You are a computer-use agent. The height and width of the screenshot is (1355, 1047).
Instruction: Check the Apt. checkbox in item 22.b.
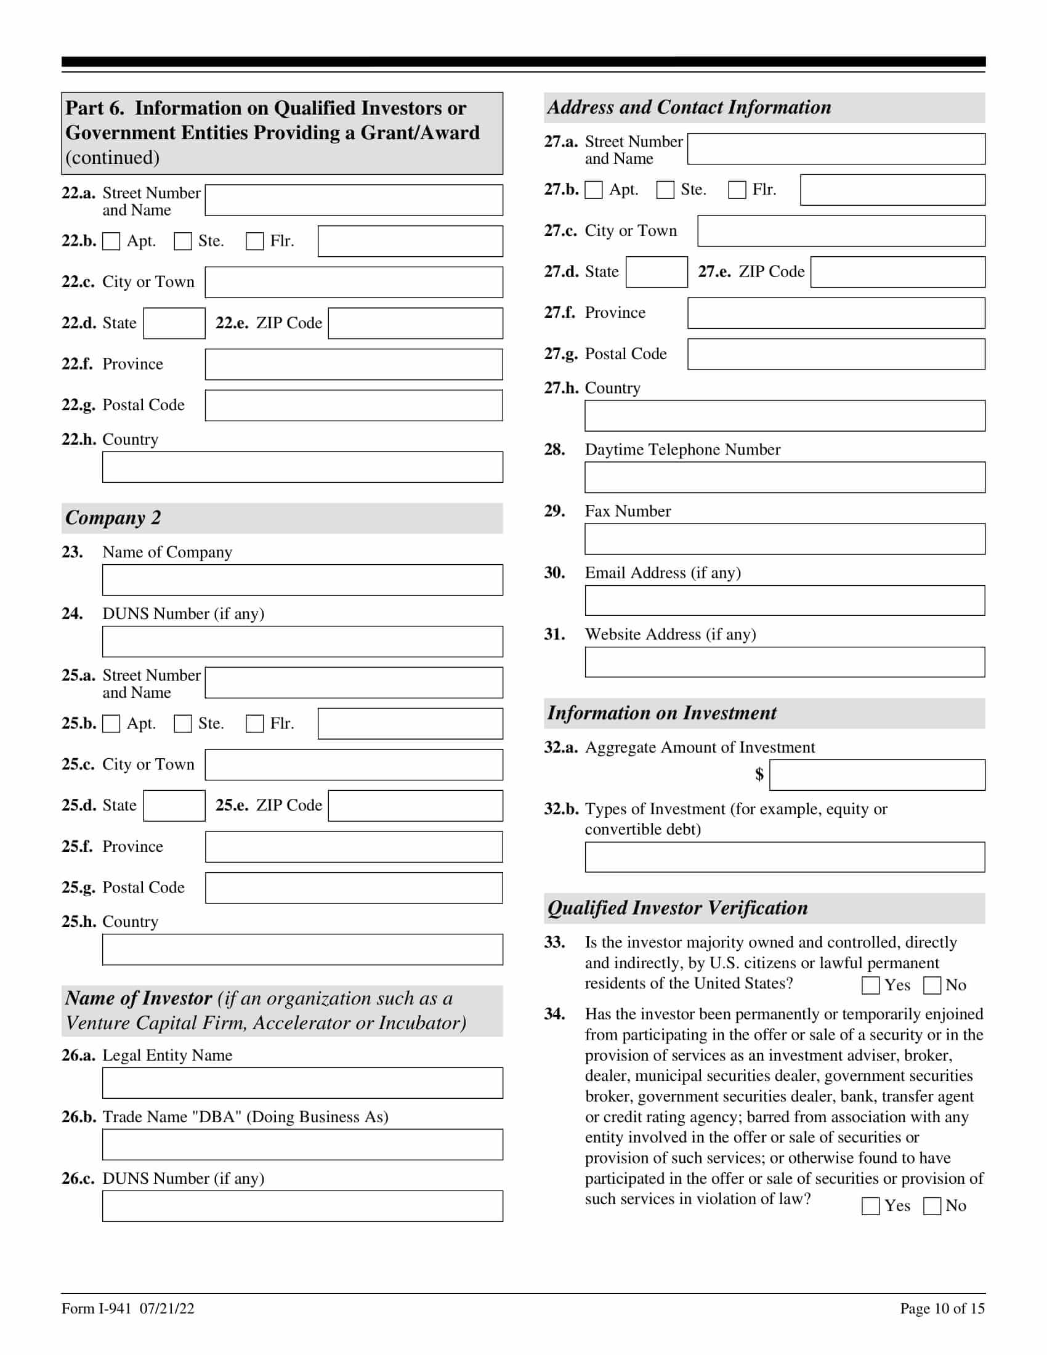click(111, 241)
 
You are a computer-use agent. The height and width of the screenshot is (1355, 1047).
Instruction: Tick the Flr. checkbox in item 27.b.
click(737, 190)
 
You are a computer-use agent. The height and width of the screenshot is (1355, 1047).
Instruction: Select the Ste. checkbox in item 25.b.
click(183, 724)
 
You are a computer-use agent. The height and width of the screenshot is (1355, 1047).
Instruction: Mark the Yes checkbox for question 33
click(870, 985)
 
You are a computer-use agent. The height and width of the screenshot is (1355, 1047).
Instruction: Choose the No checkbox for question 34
click(932, 1205)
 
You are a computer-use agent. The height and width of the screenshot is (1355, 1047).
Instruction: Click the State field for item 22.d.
click(174, 323)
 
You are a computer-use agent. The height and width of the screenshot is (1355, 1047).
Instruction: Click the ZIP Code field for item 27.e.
click(897, 272)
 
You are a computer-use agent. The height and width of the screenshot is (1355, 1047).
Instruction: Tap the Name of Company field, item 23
click(302, 580)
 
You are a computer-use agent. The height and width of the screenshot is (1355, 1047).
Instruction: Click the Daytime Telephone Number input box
click(784, 477)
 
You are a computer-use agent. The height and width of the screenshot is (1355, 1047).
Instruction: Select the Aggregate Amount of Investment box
click(876, 775)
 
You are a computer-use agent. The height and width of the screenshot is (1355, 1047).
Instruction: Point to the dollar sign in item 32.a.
click(759, 774)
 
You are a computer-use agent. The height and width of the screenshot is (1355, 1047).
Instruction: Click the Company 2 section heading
click(113, 518)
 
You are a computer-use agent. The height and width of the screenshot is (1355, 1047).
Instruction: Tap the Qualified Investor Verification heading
click(677, 908)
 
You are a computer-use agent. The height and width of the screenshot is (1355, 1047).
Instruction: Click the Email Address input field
click(784, 601)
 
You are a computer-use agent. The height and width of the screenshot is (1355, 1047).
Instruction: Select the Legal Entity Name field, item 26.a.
click(302, 1083)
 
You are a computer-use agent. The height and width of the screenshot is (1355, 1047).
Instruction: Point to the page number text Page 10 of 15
click(942, 1308)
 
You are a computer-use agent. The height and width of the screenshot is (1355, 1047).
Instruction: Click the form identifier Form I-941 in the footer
click(96, 1308)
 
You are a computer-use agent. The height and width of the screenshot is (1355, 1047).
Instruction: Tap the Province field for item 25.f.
click(354, 847)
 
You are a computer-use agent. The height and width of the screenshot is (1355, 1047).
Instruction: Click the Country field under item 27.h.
click(784, 416)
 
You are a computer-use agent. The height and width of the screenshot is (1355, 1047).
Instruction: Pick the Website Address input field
click(784, 662)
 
